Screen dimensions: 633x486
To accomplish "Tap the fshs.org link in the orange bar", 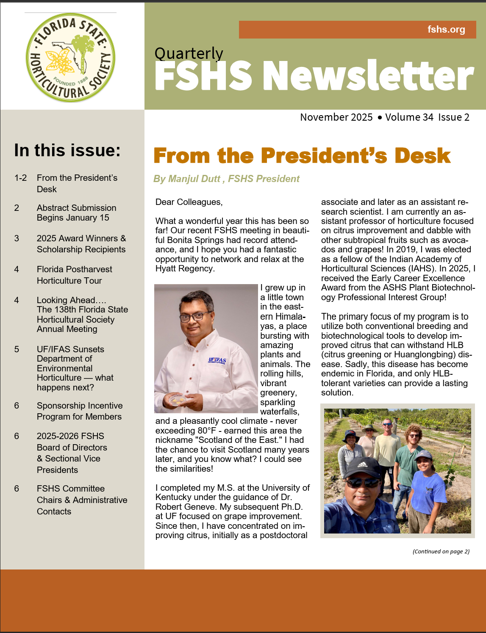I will click(x=446, y=30).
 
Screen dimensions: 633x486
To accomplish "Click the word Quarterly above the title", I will click(x=189, y=54).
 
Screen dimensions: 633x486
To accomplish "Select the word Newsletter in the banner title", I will click(x=368, y=76).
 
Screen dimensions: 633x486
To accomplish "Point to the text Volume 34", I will click(x=409, y=117).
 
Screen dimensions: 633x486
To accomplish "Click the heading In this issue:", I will click(x=67, y=150).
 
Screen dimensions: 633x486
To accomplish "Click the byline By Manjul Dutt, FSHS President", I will click(x=226, y=179).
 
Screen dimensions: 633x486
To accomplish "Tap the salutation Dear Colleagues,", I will click(x=189, y=202).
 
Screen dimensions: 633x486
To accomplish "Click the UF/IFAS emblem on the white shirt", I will click(x=217, y=361).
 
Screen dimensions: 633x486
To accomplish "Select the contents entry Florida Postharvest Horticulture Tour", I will click(x=75, y=275).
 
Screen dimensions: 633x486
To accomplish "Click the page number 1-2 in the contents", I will click(x=20, y=178).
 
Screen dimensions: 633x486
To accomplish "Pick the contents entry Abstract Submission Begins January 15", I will click(x=76, y=213).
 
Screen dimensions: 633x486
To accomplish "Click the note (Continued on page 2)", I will click(x=441, y=551).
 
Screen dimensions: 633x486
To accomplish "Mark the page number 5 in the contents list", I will click(x=17, y=349).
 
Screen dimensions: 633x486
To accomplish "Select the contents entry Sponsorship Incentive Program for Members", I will click(x=80, y=411).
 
